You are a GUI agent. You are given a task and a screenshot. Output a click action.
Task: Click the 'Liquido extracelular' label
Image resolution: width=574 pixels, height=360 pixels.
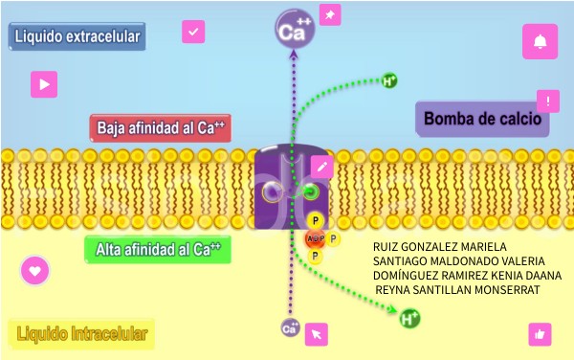pyautogui.click(x=77, y=37)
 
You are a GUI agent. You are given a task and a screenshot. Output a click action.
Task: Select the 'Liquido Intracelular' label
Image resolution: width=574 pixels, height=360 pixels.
pyautogui.click(x=80, y=334)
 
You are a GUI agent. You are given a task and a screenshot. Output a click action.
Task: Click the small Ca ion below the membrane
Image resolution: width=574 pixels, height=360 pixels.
pyautogui.click(x=290, y=328)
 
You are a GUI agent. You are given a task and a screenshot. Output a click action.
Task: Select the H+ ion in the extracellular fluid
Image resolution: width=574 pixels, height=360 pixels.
pyautogui.click(x=389, y=80)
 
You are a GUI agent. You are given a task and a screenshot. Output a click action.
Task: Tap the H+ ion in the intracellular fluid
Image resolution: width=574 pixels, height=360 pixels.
pyautogui.click(x=409, y=318)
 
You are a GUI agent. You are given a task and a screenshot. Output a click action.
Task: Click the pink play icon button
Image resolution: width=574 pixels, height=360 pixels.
pyautogui.click(x=43, y=84)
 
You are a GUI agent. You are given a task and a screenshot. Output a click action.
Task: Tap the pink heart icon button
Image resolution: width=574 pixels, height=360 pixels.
pyautogui.click(x=35, y=270)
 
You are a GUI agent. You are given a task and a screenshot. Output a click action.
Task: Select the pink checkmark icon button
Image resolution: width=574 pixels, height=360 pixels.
pyautogui.click(x=194, y=33)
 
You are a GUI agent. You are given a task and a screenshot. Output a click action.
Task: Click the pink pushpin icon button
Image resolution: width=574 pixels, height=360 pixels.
pyautogui.click(x=329, y=15)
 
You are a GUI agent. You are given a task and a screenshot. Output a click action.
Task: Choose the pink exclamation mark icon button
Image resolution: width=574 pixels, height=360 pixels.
pyautogui.click(x=548, y=101)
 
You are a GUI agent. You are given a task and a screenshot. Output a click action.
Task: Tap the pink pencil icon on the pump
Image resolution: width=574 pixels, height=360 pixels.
pyautogui.click(x=321, y=166)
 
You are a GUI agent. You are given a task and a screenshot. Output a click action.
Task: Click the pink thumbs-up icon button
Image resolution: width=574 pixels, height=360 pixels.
pyautogui.click(x=540, y=334)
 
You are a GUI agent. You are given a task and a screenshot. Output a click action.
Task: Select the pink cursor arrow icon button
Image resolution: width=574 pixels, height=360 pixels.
pyautogui.click(x=317, y=334)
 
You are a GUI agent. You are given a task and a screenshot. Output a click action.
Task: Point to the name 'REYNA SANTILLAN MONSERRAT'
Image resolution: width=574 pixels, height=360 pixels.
pyautogui.click(x=457, y=289)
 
